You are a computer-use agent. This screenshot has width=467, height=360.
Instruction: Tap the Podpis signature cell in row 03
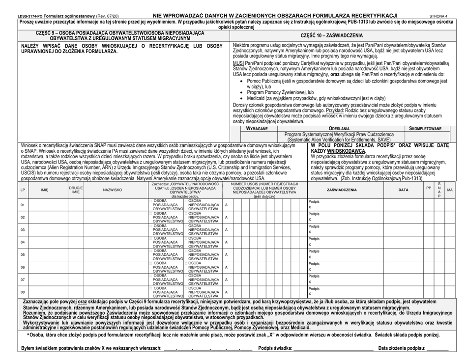[x=344, y=229]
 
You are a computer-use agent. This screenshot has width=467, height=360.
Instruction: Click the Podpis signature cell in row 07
[x=344, y=279]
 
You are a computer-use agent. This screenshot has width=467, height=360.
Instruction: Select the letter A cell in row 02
[x=226, y=217]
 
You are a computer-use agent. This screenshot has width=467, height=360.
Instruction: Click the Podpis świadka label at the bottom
[x=278, y=348]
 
